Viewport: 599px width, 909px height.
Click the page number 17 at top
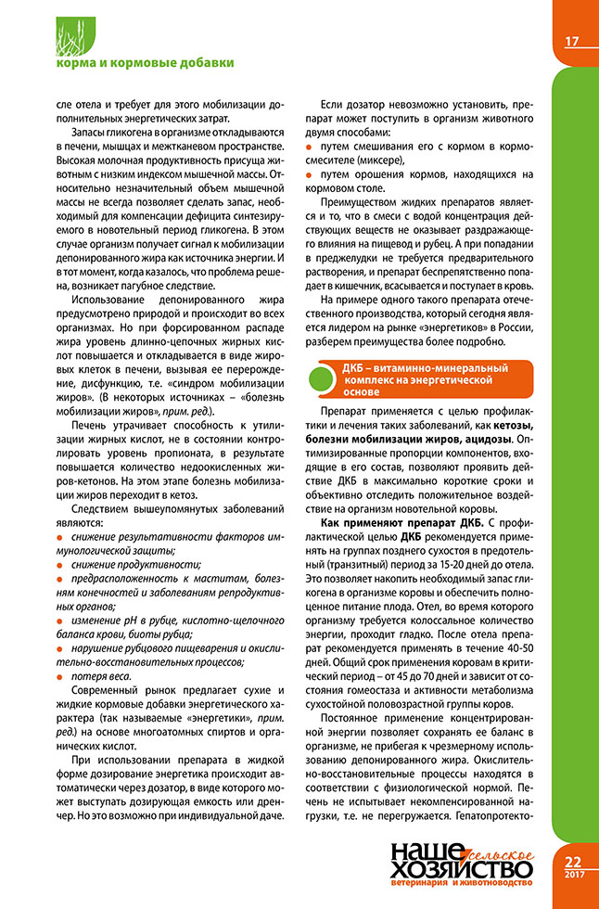tap(571, 41)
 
